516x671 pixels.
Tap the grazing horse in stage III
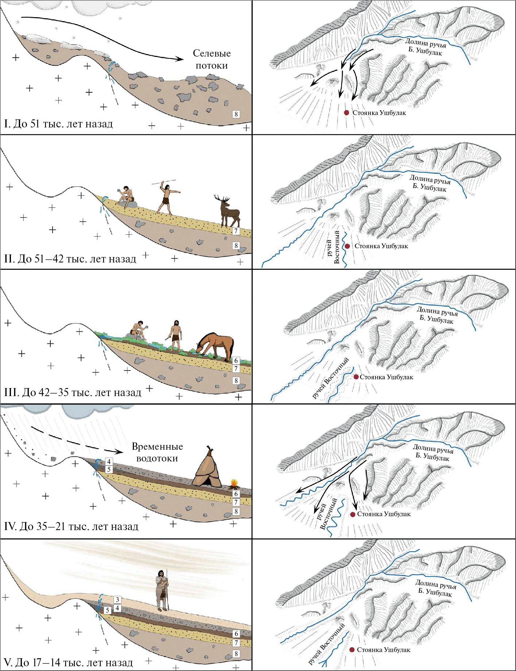coord(216,346)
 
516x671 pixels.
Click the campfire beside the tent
coord(234,484)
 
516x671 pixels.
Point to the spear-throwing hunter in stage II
coord(167,197)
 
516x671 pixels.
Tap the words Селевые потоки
coord(212,60)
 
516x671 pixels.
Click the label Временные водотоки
coord(157,452)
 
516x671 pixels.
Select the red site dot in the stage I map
coord(347,113)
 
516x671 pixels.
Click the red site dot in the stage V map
coord(352,650)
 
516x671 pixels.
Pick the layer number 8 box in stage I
coord(236,114)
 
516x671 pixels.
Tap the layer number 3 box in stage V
coord(117,599)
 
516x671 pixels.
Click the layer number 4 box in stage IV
coord(109,461)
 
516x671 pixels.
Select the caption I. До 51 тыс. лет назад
coord(58,124)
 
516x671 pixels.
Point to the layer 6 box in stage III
coord(236,361)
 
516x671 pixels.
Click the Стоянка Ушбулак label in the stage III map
coord(386,377)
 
